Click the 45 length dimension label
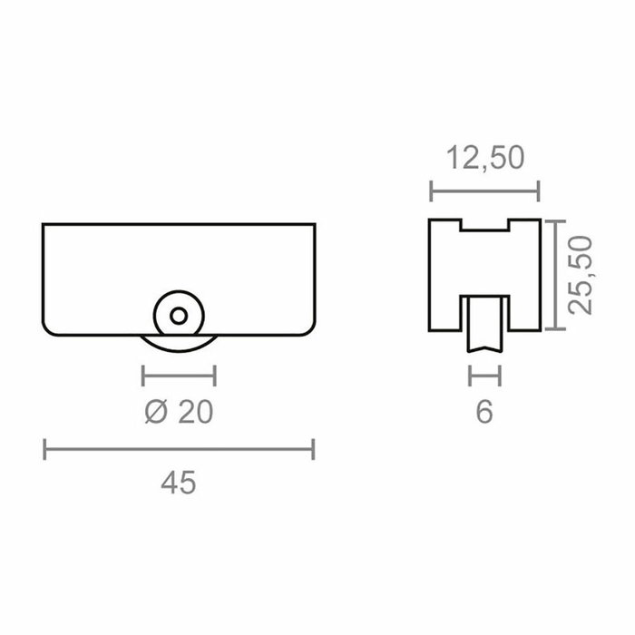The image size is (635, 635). point(178,483)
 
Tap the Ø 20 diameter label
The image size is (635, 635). point(179,412)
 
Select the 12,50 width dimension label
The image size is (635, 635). point(485,158)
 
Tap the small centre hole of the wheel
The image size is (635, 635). point(179,316)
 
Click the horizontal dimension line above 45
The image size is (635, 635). point(179,448)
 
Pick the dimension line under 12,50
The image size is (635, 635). point(484,191)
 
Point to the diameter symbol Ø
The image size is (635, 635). point(156,412)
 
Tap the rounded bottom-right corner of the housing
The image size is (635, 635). point(309,327)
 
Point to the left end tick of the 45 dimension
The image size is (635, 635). point(45,448)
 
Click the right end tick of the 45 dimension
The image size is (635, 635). point(313,448)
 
